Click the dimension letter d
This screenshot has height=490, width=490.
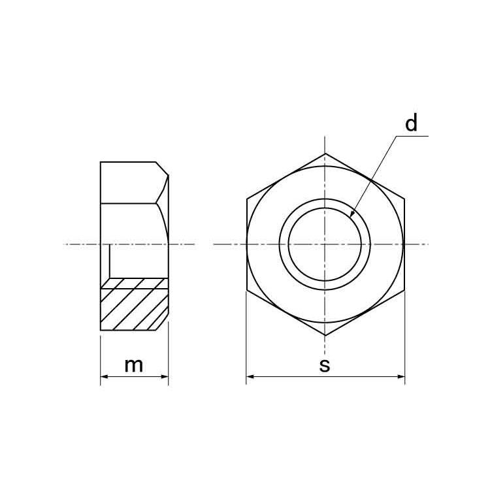click(410, 123)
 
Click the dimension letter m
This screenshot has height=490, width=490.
click(134, 365)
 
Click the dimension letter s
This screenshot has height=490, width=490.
click(325, 366)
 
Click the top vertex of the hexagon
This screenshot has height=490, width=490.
click(325, 154)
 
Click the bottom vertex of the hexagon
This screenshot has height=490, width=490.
click(325, 335)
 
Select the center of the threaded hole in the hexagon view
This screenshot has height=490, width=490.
click(325, 244)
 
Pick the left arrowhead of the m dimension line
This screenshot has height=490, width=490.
click(103, 377)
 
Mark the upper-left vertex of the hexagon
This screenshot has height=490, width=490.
click(247, 199)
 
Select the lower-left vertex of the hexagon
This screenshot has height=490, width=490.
click(247, 289)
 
